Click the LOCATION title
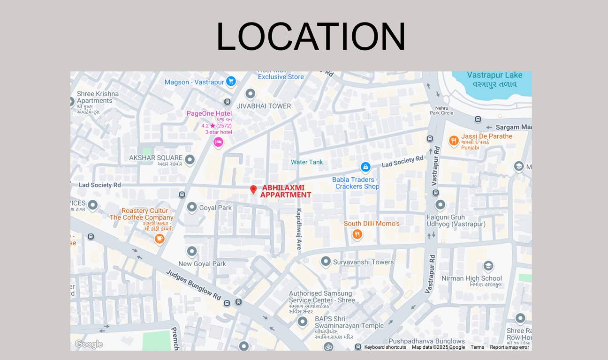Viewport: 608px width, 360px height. (x=311, y=37)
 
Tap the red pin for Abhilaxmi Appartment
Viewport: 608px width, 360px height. (x=253, y=189)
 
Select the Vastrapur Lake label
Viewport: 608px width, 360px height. (x=494, y=75)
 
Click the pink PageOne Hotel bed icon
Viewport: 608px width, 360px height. (x=218, y=142)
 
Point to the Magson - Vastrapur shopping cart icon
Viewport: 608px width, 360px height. (x=231, y=82)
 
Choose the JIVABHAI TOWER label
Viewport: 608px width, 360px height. (x=264, y=106)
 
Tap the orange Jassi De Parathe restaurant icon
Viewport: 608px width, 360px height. (x=453, y=141)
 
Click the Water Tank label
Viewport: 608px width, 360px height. (x=307, y=162)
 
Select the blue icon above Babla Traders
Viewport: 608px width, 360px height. (x=365, y=167)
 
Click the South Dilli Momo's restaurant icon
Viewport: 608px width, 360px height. (x=357, y=234)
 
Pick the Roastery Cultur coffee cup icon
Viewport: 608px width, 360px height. (x=160, y=239)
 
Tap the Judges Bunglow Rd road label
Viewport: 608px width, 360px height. (x=193, y=285)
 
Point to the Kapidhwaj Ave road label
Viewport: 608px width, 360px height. (x=299, y=228)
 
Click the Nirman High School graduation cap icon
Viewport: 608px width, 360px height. (x=488, y=266)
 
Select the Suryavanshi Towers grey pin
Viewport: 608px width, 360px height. (x=326, y=262)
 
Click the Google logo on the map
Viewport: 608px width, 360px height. (x=89, y=345)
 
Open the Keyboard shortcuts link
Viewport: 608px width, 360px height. (x=385, y=347)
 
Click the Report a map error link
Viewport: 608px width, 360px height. (x=509, y=347)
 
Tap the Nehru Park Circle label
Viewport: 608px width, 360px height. (x=441, y=110)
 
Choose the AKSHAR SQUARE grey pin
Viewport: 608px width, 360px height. (x=190, y=160)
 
